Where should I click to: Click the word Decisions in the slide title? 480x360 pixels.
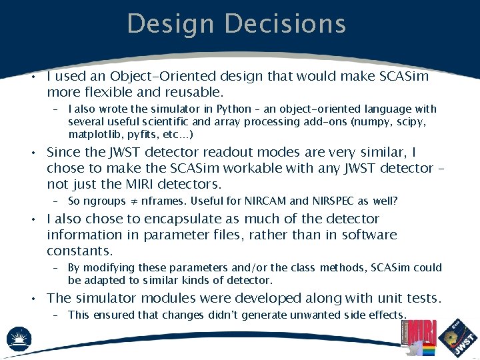coord(285,23)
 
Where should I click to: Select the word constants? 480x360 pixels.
coord(79,251)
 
